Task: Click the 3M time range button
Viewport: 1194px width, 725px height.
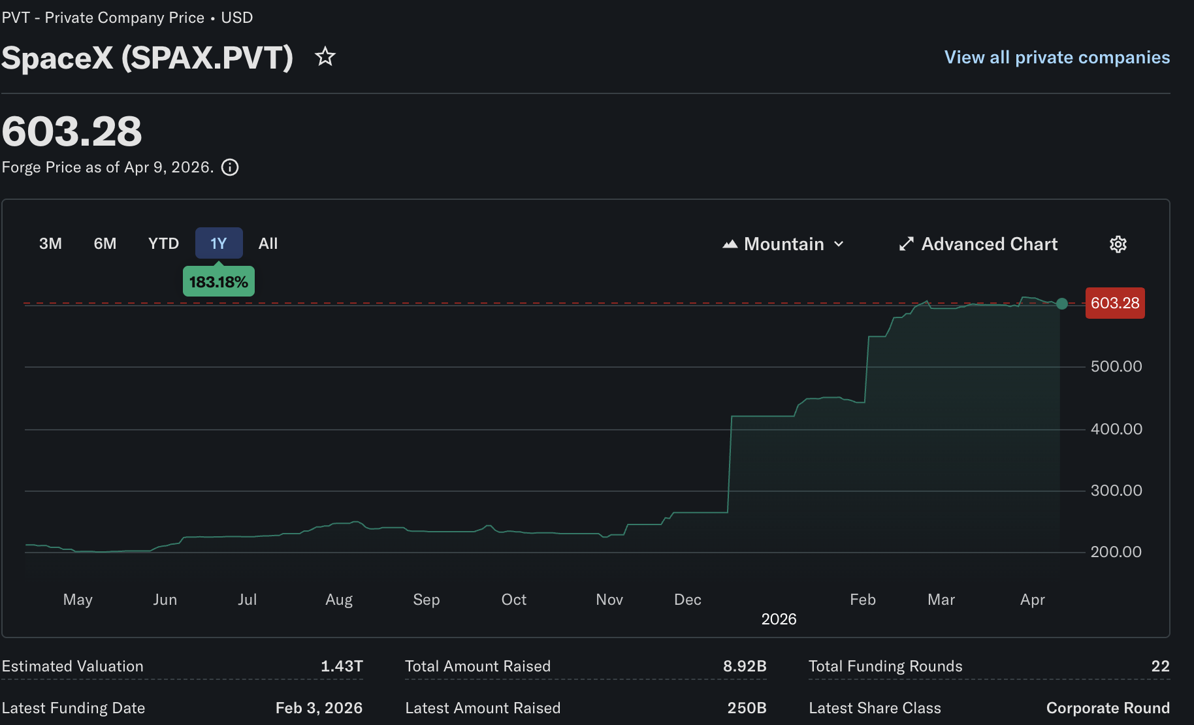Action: [x=50, y=244]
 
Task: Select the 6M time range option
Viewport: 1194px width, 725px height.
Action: [x=105, y=244]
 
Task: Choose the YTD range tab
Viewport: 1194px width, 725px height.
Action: [x=163, y=244]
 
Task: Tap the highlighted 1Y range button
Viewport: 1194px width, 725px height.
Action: [x=219, y=244]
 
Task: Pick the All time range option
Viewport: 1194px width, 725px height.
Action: [x=268, y=244]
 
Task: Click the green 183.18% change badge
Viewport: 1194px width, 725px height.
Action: [x=219, y=282]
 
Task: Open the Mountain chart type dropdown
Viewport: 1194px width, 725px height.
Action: [x=784, y=244]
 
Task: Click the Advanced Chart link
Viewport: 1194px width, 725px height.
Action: [x=978, y=244]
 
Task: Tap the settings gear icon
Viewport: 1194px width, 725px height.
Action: [x=1118, y=244]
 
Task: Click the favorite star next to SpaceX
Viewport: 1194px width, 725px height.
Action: [x=325, y=57]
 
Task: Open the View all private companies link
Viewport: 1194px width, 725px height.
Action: [x=1057, y=57]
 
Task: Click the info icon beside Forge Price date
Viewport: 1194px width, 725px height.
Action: [x=230, y=167]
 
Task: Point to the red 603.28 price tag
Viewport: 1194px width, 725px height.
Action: [x=1115, y=303]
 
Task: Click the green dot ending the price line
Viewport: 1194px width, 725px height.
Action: [x=1062, y=304]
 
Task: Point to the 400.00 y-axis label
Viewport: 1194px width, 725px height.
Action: [x=1116, y=429]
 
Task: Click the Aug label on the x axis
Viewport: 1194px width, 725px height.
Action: [x=339, y=600]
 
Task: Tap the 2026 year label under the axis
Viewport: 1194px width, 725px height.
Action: [x=779, y=619]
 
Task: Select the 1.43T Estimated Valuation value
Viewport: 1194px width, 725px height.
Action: [x=342, y=666]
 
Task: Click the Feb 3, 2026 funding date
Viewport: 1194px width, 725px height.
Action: [x=319, y=708]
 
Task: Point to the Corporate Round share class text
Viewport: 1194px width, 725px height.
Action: [x=1108, y=708]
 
